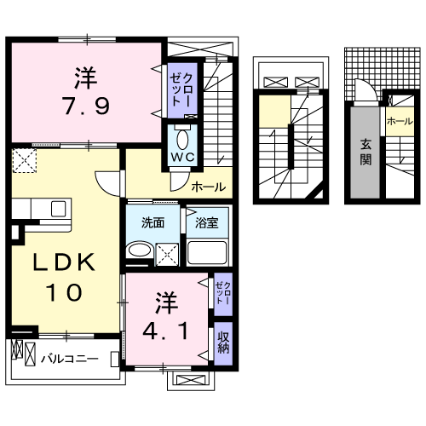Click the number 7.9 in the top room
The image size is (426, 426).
pos(84,108)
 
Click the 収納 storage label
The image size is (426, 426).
pos(223,343)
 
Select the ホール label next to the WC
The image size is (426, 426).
pos(209,187)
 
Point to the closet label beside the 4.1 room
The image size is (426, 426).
pos(222,294)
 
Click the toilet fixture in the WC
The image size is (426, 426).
pos(182,139)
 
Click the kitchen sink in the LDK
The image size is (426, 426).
pos(60,210)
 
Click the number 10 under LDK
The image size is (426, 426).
pos(64,292)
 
